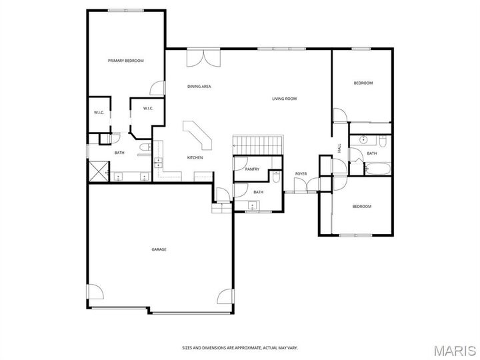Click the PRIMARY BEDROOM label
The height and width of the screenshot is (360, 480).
click(x=126, y=61)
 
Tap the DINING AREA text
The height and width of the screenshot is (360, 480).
click(x=199, y=86)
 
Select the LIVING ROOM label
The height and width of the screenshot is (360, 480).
click(x=284, y=99)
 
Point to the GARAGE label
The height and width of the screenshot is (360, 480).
click(x=159, y=249)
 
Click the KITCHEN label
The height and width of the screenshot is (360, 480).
click(x=195, y=157)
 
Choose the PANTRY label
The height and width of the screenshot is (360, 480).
click(x=252, y=169)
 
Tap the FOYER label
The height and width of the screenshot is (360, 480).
click(x=301, y=174)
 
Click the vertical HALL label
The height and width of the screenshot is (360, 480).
click(x=339, y=148)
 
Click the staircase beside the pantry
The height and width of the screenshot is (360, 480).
click(x=258, y=143)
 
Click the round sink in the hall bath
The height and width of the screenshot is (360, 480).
click(x=364, y=141)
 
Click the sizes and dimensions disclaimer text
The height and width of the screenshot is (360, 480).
click(x=240, y=348)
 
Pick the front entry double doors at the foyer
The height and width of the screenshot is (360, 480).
click(x=301, y=192)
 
